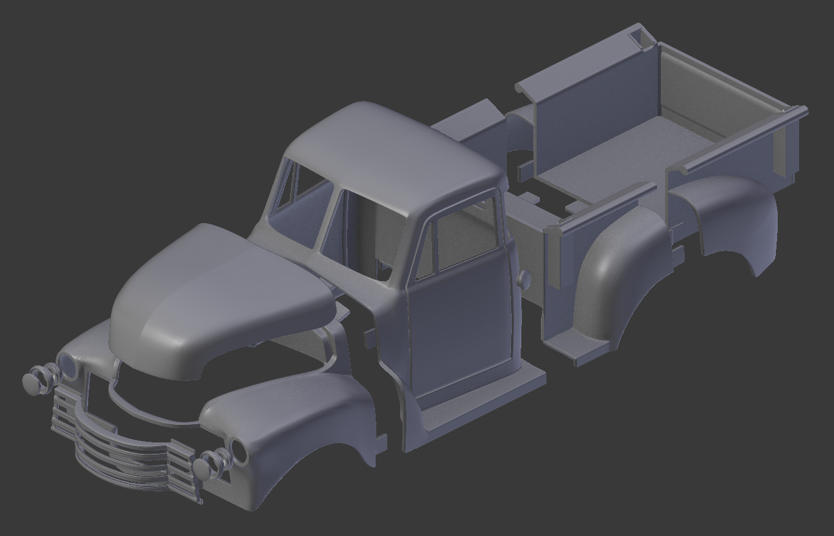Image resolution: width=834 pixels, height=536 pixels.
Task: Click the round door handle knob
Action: (524, 278)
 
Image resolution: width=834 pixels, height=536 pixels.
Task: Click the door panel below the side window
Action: (459, 324)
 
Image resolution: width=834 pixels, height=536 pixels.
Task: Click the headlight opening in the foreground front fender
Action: (238, 451)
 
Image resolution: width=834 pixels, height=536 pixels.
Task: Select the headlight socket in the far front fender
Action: (67, 366)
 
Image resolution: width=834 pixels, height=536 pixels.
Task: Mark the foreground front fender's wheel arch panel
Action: (294, 422)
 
